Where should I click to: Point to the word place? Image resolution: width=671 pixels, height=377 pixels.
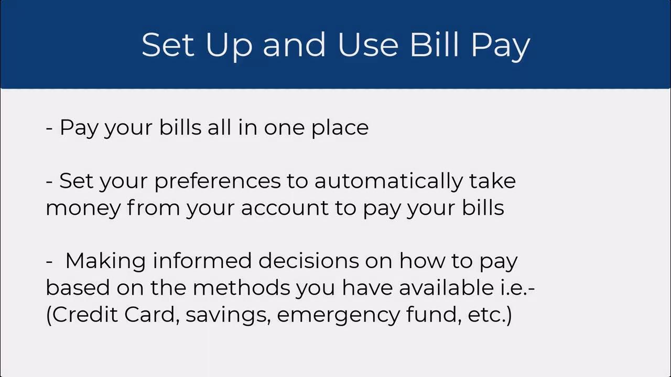340,128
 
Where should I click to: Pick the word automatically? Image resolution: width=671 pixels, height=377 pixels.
388,182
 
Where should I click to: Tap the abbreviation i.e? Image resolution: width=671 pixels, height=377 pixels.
519,287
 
